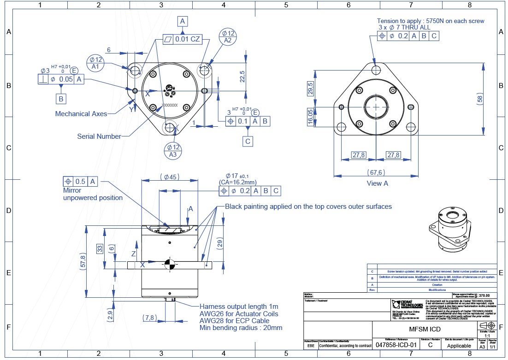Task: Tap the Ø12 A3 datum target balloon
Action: (173, 151)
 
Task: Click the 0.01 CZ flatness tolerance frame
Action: (183, 40)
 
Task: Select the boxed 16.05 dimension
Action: (311, 116)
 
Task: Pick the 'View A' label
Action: (377, 183)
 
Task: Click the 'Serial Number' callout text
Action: (99, 136)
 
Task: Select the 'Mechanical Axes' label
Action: (81, 113)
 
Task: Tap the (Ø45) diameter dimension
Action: (170, 177)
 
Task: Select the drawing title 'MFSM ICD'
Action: (425, 329)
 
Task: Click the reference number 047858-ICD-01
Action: (396, 345)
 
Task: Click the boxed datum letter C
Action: (248, 141)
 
